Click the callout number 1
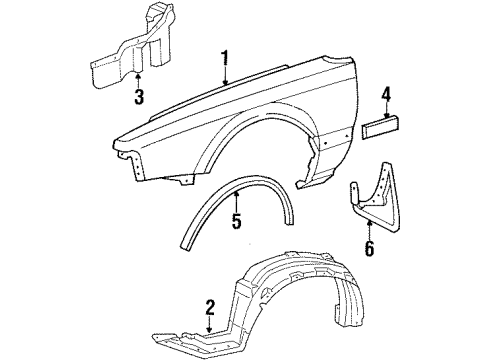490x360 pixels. pos(226,58)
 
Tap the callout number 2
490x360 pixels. pos(210,308)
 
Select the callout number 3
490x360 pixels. pos(139,96)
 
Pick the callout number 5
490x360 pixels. pos(236,221)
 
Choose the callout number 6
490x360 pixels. pos(369,248)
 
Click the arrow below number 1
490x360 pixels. pos(226,76)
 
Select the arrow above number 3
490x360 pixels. pos(138,80)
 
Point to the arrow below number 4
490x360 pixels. pos(387,110)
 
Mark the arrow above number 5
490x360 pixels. pos(236,202)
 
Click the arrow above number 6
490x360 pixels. pos(369,230)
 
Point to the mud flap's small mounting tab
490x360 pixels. pos(354,194)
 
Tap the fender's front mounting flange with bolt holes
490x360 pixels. pos(137,166)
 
